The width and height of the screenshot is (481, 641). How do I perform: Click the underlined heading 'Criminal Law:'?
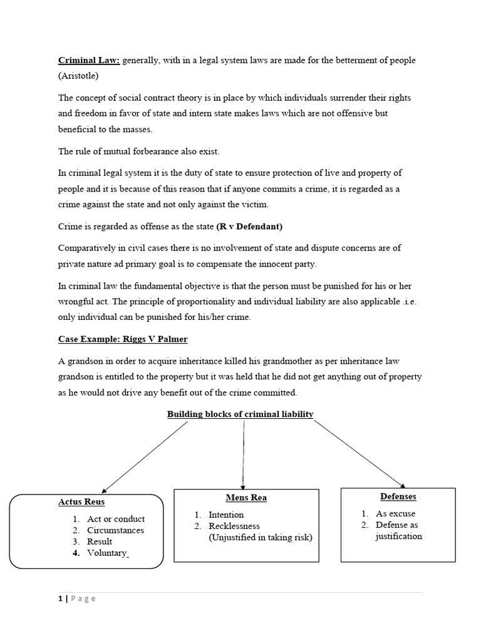(89, 61)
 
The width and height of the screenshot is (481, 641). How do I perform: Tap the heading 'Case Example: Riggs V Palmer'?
(123, 339)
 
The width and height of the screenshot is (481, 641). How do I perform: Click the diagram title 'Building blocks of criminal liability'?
(240, 414)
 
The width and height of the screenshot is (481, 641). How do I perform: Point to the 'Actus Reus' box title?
(81, 502)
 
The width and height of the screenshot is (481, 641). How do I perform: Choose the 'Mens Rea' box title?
(246, 498)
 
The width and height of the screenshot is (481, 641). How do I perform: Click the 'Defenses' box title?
(398, 496)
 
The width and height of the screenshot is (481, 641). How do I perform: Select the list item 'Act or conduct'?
(116, 519)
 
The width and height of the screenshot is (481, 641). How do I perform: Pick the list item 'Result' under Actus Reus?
(100, 541)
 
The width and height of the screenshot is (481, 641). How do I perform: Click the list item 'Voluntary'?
(107, 553)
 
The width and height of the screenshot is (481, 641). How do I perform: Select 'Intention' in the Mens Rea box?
(226, 515)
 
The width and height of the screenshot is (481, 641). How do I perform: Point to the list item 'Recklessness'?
(234, 526)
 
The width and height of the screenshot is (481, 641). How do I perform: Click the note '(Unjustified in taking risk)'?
(260, 537)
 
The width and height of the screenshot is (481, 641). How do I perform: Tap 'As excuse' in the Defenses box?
(395, 513)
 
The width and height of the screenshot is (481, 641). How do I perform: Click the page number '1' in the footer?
(61, 598)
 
